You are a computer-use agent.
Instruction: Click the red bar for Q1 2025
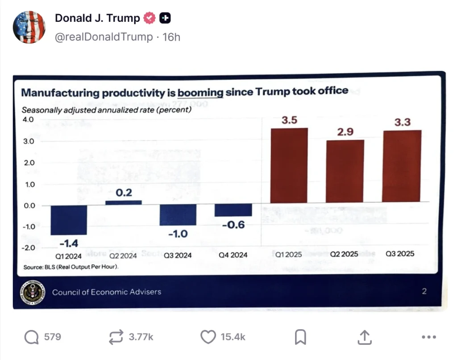pyautogui.click(x=289, y=165)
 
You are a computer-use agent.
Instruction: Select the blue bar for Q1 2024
pyautogui.click(x=68, y=220)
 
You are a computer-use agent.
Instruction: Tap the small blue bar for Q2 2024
pyautogui.click(x=123, y=202)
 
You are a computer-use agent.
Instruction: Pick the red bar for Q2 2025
pyautogui.click(x=345, y=171)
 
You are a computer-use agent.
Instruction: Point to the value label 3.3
pyautogui.click(x=402, y=121)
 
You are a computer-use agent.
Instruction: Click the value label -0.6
pyautogui.click(x=233, y=225)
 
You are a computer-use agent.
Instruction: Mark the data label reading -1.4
pyautogui.click(x=68, y=243)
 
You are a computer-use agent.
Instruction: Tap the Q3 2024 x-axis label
pyautogui.click(x=178, y=255)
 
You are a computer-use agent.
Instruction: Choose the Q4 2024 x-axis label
pyautogui.click(x=233, y=255)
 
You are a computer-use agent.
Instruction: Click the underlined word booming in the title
pyautogui.click(x=200, y=92)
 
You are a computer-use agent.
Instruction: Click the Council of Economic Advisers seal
pyautogui.click(x=33, y=292)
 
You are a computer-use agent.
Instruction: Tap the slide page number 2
pyautogui.click(x=424, y=292)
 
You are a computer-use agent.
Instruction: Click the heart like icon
pyautogui.click(x=208, y=337)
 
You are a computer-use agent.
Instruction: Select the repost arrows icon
pyautogui.click(x=116, y=337)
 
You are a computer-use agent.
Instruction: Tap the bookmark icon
pyautogui.click(x=300, y=337)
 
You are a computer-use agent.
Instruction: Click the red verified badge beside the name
pyautogui.click(x=149, y=18)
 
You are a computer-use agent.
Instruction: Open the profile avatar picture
pyautogui.click(x=29, y=27)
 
